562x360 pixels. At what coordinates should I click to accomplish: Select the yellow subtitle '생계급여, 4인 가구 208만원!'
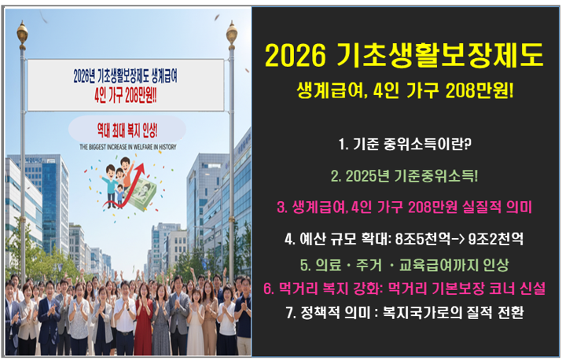point(405,91)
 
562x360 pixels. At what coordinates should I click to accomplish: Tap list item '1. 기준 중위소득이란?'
point(404,145)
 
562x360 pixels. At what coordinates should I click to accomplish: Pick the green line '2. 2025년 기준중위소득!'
point(404,175)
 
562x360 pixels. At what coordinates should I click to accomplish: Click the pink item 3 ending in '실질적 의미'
point(404,207)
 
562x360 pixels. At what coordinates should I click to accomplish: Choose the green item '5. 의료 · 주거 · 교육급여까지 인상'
point(404,265)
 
